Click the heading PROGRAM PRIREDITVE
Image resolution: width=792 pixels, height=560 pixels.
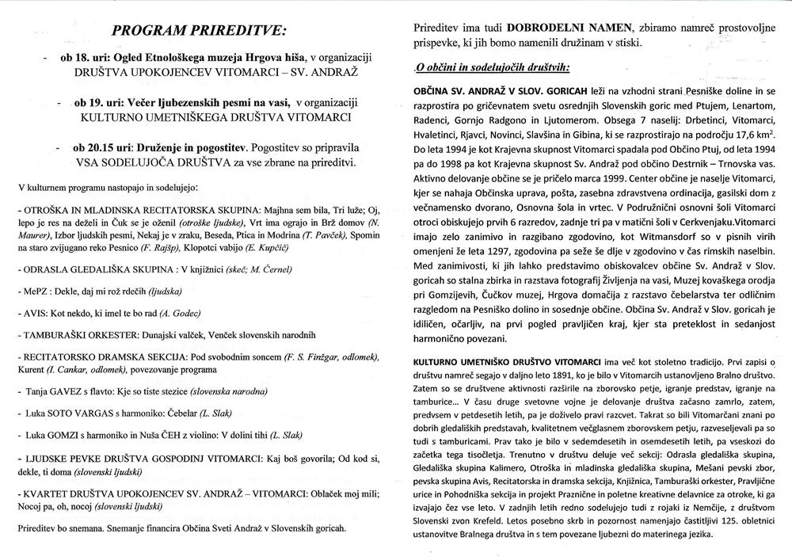point(201,32)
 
